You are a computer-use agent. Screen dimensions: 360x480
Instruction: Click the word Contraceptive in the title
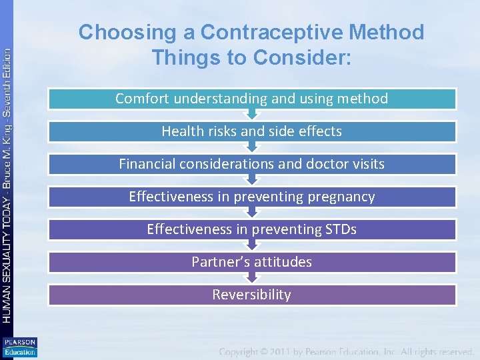coord(273,32)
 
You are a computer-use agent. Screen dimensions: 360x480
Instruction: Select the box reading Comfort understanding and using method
coord(252,99)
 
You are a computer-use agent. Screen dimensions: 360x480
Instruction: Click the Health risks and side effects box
coord(252,131)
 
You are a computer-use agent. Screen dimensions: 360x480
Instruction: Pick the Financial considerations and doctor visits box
coord(252,164)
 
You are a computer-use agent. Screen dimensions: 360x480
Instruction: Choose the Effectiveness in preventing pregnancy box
coord(252,197)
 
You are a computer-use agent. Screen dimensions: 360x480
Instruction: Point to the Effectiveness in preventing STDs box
coord(252,229)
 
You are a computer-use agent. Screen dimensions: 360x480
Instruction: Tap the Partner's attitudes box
coord(252,262)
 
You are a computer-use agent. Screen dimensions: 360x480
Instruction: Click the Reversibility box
coord(252,295)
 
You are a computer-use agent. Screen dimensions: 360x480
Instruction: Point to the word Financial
coord(147,164)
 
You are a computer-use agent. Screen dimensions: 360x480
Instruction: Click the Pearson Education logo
coord(19,347)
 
